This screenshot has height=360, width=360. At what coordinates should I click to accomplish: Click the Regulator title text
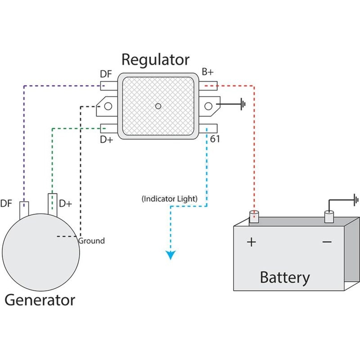(x=156, y=60)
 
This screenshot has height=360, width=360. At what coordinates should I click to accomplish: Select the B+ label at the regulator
(x=208, y=72)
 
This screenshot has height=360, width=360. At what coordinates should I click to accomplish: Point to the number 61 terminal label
(x=215, y=139)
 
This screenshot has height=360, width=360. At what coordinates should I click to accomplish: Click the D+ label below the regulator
(x=107, y=139)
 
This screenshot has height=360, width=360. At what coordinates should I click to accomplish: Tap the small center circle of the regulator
(x=157, y=106)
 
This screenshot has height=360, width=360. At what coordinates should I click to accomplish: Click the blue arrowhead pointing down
(x=171, y=255)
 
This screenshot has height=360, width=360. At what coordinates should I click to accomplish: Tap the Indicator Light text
(x=176, y=198)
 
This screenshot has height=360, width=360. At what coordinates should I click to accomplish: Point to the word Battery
(x=285, y=277)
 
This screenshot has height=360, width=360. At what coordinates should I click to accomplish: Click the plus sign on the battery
(x=252, y=242)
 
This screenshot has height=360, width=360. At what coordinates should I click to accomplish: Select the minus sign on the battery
(x=327, y=242)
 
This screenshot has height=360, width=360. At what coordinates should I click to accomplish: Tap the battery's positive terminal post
(x=255, y=218)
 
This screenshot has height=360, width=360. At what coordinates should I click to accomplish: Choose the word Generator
(x=40, y=300)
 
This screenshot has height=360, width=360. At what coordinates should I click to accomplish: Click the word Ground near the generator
(x=91, y=241)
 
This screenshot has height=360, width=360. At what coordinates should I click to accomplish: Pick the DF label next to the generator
(x=7, y=204)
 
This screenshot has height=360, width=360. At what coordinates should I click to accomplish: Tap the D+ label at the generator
(x=66, y=204)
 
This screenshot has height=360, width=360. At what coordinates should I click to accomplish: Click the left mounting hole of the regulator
(x=108, y=106)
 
